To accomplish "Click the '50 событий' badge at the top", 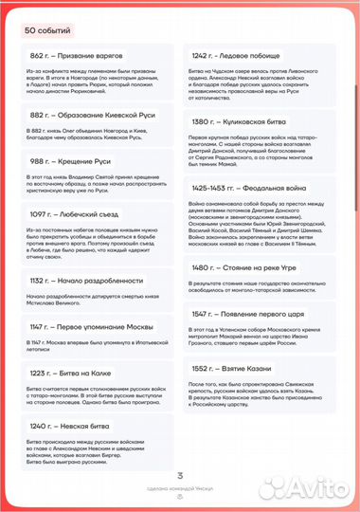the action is click(x=48, y=29).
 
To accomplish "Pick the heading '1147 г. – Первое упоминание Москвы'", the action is click(x=95, y=327).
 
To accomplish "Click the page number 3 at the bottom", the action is click(x=180, y=476).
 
